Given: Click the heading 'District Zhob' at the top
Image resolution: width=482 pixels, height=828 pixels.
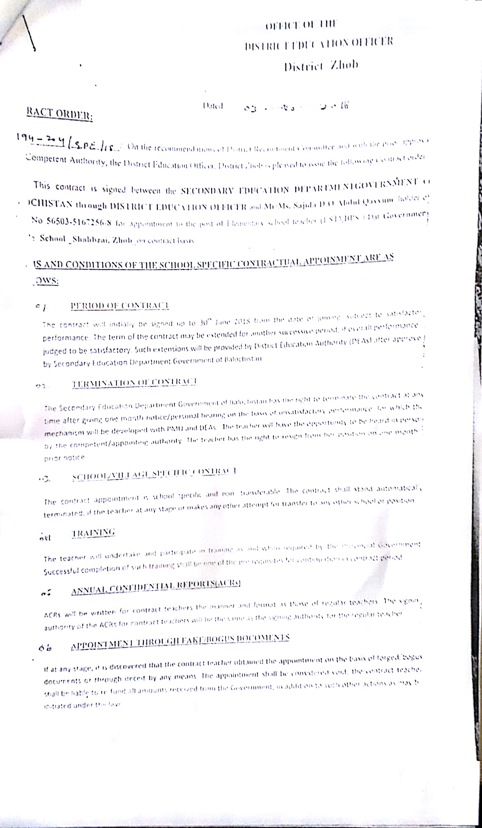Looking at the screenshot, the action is tap(321, 65).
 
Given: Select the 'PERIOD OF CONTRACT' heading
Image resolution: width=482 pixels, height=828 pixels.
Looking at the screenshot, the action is tap(120, 306).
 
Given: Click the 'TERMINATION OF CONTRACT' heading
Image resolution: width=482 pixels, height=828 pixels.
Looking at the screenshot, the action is tap(134, 382).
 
